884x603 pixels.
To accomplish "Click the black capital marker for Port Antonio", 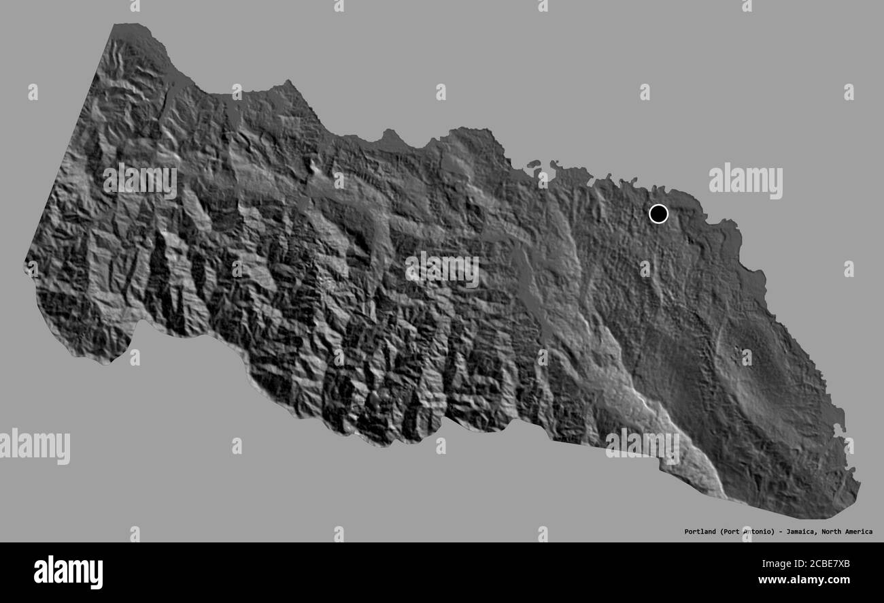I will click(x=658, y=214).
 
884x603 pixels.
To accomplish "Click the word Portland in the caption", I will click(x=700, y=532).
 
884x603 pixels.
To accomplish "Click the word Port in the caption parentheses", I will click(x=732, y=532).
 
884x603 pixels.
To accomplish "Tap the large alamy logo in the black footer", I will click(x=68, y=572).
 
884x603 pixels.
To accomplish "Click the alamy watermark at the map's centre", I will click(x=442, y=270).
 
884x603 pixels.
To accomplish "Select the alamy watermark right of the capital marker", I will click(x=745, y=181).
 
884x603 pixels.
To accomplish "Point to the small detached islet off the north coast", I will click(x=532, y=164).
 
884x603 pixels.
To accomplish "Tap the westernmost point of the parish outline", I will click(x=26, y=261).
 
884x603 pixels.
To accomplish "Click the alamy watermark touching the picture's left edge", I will click(x=34, y=446).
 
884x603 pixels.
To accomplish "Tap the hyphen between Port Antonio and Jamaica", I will click(x=779, y=532).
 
